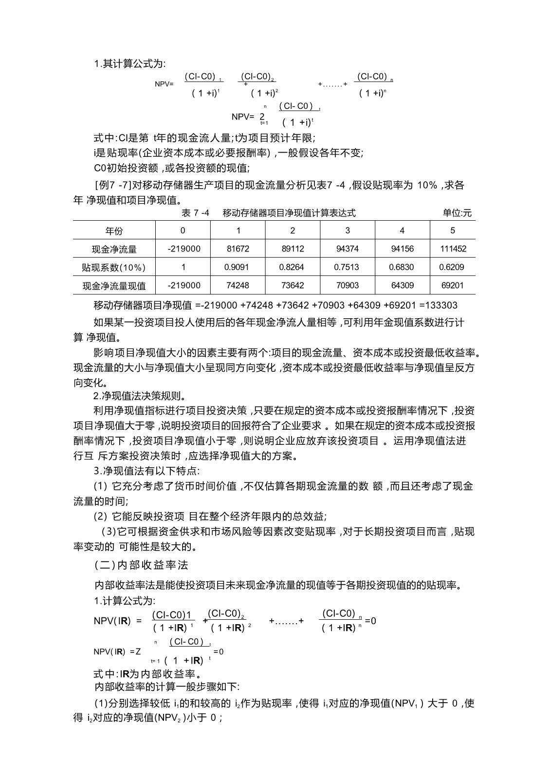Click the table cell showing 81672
point(238,249)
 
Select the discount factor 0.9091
point(238,267)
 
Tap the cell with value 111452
point(453,249)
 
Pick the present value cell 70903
point(347,286)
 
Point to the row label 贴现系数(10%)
point(114,268)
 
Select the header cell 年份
point(114,231)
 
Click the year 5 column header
point(453,230)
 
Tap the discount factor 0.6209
point(453,267)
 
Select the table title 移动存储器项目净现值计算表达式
point(289,213)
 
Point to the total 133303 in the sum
point(441,306)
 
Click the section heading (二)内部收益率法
point(141,565)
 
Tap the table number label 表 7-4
point(195,213)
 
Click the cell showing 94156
point(402,249)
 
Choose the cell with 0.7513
point(347,267)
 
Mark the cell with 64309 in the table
point(402,286)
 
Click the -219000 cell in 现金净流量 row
point(183,249)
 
